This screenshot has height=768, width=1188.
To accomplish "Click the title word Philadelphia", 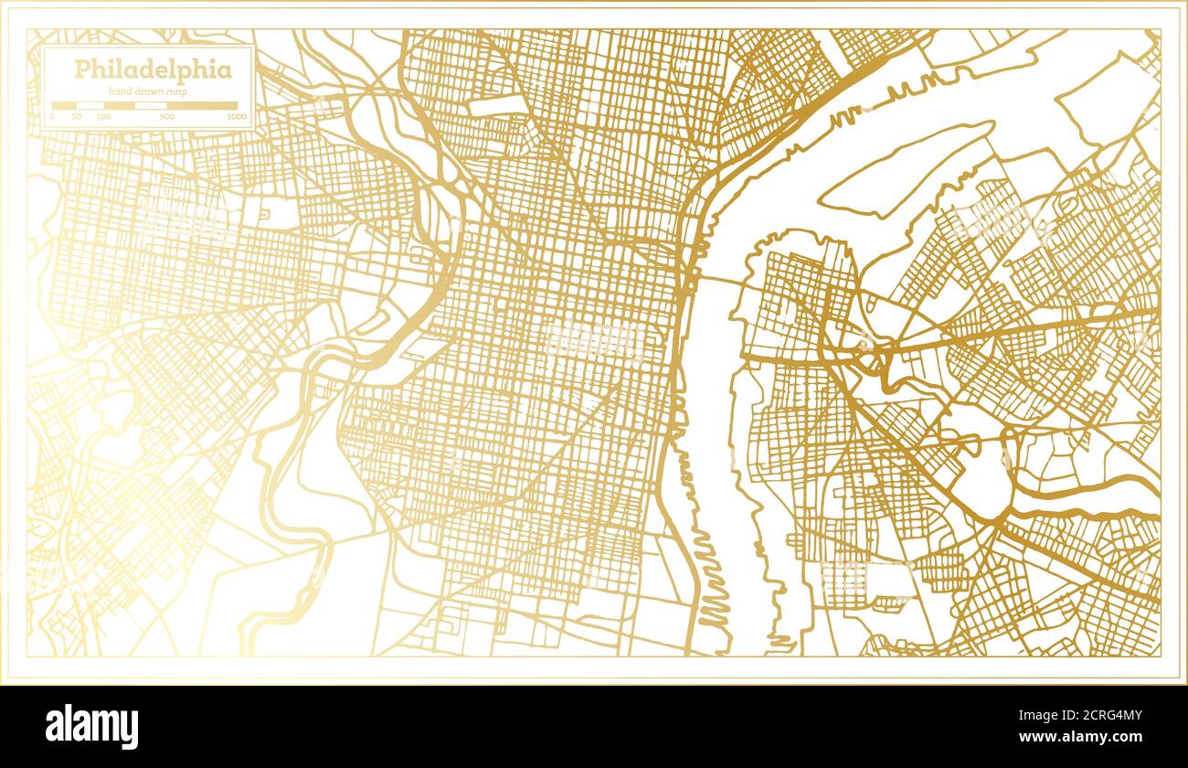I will (153, 70).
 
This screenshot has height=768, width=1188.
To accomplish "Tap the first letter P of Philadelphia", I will (81, 70).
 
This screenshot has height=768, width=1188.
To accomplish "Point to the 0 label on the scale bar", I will (52, 117).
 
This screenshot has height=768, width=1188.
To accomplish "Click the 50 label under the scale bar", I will (78, 117).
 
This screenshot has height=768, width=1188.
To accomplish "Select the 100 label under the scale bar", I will (104, 117).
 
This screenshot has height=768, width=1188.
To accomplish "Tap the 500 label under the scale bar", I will (166, 117).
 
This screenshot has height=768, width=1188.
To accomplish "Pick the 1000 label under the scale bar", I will (236, 117).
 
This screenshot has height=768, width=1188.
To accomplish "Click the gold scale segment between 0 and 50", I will (64, 105).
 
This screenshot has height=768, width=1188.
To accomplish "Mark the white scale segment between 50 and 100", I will (90, 105).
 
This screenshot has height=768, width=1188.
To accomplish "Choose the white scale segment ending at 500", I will (150, 105).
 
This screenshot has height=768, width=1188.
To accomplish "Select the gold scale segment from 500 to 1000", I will (201, 105).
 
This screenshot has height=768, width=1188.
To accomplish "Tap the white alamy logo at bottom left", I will (91, 727).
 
